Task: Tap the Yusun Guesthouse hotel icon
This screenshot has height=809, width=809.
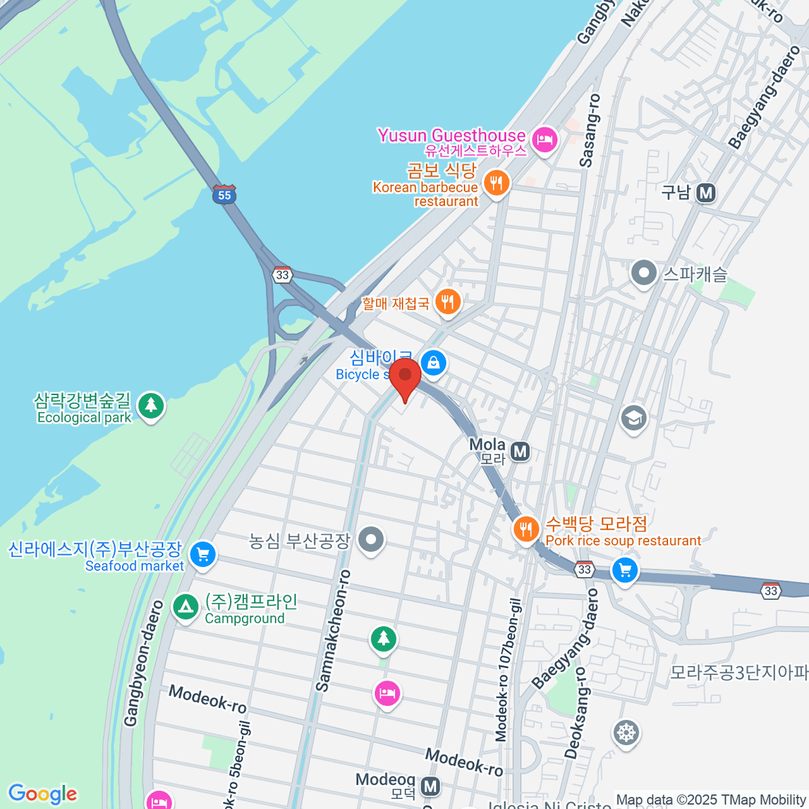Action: [543, 140]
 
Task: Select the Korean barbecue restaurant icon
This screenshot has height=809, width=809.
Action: [496, 183]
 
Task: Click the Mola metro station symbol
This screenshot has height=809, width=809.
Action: [520, 451]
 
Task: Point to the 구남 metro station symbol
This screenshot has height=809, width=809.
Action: [705, 193]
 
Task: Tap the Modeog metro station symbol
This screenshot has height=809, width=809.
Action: [431, 786]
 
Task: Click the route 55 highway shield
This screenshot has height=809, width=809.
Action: [224, 195]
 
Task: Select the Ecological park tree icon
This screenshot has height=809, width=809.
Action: [151, 405]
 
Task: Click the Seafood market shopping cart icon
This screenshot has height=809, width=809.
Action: [202, 554]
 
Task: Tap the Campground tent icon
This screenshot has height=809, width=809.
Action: [185, 607]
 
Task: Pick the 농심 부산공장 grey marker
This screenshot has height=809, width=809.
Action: [371, 539]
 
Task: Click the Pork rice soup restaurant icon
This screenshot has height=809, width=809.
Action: [526, 529]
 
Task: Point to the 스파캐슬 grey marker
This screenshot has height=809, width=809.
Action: [644, 274]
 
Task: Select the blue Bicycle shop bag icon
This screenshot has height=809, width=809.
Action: [433, 363]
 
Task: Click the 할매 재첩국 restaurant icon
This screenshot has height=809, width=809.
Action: [448, 301]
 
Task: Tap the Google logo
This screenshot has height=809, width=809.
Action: [42, 794]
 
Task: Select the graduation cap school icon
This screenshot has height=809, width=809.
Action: [633, 418]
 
